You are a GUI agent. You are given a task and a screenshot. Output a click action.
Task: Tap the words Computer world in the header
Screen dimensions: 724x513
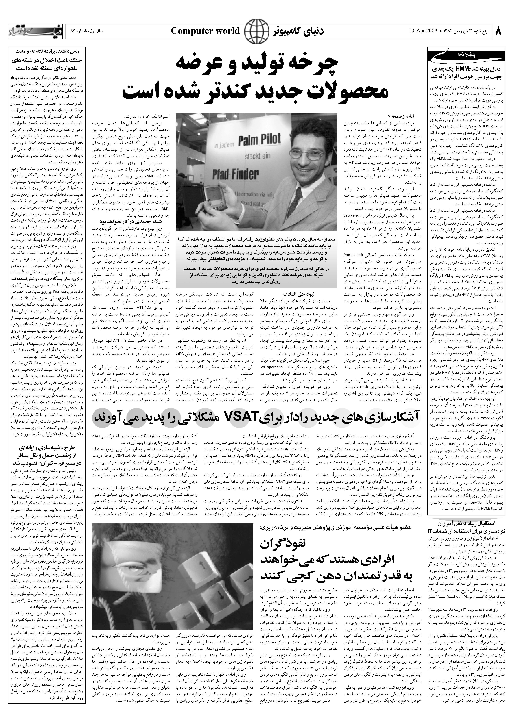coord(205,31)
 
